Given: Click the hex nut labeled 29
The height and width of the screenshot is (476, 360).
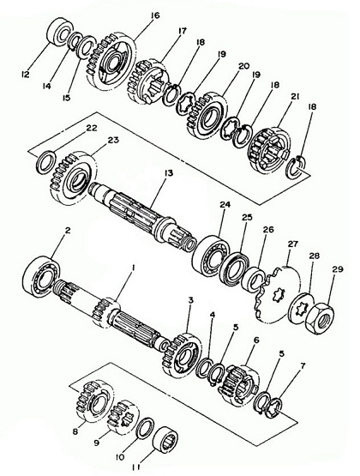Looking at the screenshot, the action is click(x=320, y=318).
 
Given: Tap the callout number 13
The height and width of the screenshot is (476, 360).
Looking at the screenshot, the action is click(x=168, y=173).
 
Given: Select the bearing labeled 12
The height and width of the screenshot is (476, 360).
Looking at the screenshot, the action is click(x=60, y=33).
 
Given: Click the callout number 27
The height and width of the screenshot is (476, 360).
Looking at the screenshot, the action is click(x=293, y=244).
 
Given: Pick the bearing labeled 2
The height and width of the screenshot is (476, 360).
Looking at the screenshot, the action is click(x=41, y=276).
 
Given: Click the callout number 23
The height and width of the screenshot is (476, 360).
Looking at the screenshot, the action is click(x=114, y=141).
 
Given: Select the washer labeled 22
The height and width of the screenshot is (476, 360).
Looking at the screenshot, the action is click(x=45, y=162).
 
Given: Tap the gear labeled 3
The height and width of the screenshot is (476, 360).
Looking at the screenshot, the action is click(x=182, y=355).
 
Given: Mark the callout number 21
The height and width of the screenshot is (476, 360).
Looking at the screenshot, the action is click(x=296, y=96).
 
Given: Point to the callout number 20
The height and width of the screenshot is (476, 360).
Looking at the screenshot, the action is click(x=243, y=66).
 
